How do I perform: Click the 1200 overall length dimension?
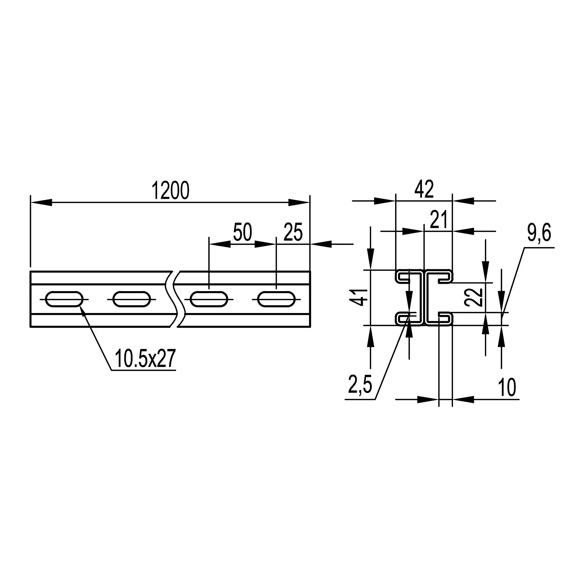point(171,191)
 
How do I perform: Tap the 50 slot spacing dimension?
point(242,232)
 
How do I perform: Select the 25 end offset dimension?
point(293,232)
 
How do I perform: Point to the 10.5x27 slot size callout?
point(145,359)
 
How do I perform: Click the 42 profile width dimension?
point(424,189)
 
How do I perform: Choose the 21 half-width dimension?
point(438,220)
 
